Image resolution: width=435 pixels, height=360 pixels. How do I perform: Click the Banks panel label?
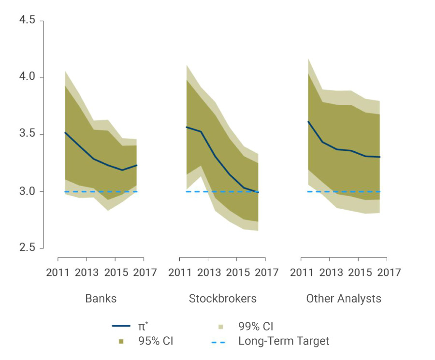(x=101, y=299)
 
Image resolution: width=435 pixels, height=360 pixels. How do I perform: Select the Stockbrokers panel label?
(x=222, y=299)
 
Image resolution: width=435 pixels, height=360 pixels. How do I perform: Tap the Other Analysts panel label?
(x=344, y=299)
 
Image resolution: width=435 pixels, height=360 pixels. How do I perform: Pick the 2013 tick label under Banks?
(x=87, y=273)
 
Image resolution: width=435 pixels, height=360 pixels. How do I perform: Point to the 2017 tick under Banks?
(x=145, y=273)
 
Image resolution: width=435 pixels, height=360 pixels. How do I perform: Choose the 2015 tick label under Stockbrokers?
(x=237, y=273)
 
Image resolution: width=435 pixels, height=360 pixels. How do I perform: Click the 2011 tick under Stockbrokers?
(x=180, y=273)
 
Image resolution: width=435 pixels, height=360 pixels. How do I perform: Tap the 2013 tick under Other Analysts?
(x=331, y=273)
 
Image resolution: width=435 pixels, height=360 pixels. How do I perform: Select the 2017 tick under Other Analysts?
(x=389, y=273)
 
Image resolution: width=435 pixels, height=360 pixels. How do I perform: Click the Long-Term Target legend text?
(x=284, y=341)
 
